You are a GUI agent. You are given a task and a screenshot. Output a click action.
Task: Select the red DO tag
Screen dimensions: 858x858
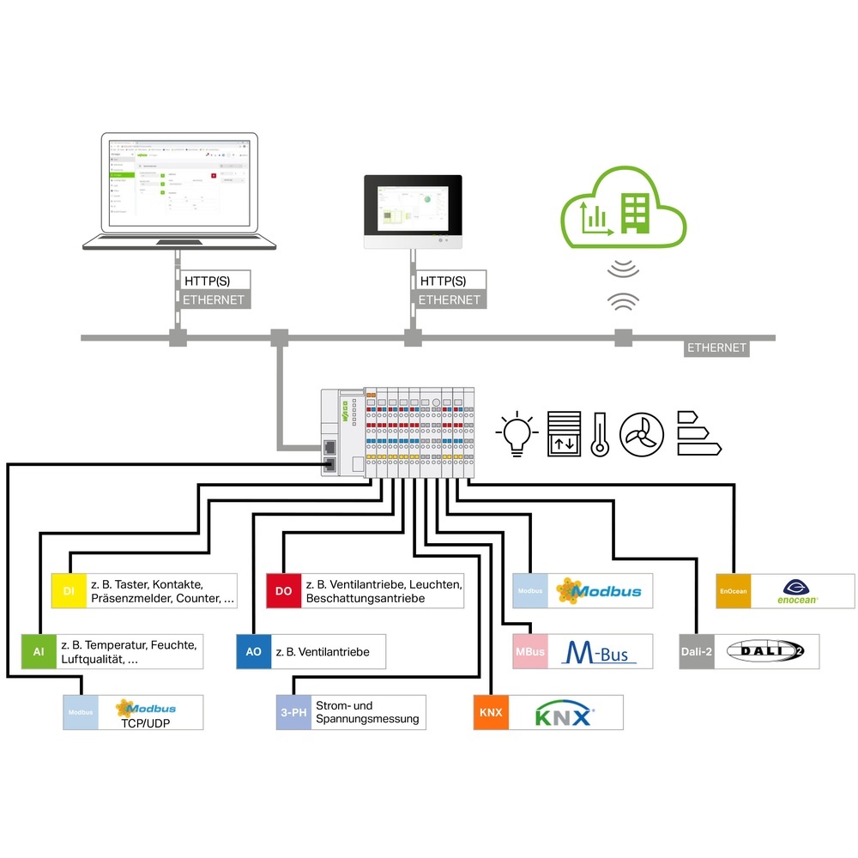click(x=283, y=590)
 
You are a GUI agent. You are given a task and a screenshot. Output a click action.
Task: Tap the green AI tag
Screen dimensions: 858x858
click(x=39, y=652)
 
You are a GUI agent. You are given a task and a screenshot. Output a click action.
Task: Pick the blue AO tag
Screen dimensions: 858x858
click(x=253, y=652)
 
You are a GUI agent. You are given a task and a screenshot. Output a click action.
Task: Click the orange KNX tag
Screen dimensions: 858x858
click(x=491, y=713)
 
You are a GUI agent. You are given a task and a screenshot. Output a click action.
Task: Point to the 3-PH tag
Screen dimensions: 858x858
click(x=293, y=712)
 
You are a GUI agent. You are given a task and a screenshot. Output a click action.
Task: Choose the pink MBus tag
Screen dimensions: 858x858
click(x=529, y=652)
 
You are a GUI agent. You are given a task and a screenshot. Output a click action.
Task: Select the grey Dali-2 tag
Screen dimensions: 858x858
click(x=696, y=652)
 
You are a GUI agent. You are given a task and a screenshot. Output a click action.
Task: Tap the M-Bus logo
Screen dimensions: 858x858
click(x=598, y=653)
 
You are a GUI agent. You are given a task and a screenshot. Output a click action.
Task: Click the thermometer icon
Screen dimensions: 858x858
click(x=600, y=433)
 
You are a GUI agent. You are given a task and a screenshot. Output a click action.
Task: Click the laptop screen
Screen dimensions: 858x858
click(x=179, y=181)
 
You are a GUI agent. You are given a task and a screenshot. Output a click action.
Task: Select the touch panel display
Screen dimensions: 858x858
click(x=413, y=207)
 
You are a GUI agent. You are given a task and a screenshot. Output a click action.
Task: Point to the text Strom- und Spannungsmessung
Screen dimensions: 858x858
click(x=367, y=712)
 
